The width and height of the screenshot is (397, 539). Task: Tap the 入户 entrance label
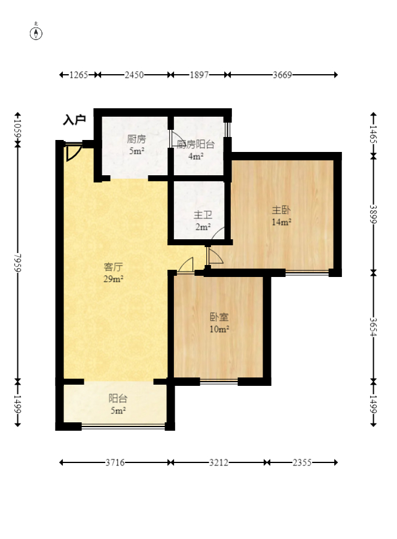(74, 120)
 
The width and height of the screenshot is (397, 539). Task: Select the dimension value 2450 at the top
(134, 75)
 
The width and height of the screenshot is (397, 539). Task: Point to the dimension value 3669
(282, 75)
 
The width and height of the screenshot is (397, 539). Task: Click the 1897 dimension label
(199, 75)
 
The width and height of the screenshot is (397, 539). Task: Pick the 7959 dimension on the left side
(18, 263)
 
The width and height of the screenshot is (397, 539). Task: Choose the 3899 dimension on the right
(373, 214)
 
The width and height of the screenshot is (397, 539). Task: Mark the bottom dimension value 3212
(219, 462)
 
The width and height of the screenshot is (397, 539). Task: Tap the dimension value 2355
(302, 462)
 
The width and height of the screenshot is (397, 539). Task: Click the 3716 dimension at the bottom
(115, 462)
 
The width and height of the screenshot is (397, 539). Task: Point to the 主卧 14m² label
(282, 216)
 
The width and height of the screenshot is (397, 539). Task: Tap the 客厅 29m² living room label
(114, 273)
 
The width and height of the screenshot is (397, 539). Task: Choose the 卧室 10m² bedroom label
(219, 323)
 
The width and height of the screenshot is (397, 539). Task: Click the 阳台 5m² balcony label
(118, 404)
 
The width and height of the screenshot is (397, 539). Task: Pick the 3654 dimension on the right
(373, 327)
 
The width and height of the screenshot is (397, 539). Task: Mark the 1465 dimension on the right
(373, 135)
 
